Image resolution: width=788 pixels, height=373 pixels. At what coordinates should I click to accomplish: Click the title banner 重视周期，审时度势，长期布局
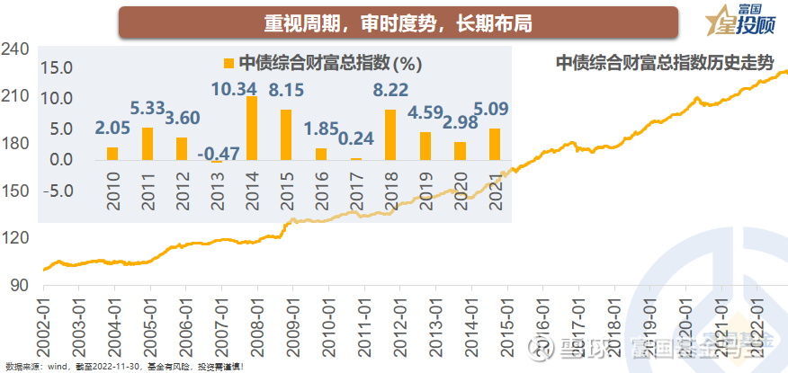(398, 22)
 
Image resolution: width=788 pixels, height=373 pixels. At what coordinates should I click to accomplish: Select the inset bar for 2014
(252, 129)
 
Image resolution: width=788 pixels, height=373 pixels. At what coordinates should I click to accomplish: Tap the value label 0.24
(355, 138)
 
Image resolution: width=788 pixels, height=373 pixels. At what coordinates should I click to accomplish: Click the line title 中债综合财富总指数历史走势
(664, 62)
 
